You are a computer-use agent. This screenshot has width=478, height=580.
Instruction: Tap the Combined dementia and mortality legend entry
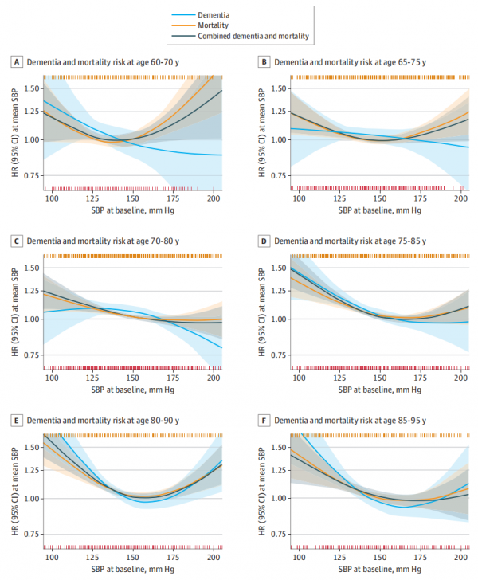(x=253, y=37)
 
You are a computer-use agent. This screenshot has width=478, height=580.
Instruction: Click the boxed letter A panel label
(x=16, y=61)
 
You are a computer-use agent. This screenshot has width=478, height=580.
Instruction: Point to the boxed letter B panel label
(x=263, y=61)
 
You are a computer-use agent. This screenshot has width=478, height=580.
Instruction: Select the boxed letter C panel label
(x=16, y=240)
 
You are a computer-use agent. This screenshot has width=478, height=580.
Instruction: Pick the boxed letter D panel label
(x=263, y=240)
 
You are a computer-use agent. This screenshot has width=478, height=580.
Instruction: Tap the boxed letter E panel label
(x=16, y=419)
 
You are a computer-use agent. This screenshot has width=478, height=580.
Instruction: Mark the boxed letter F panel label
(x=263, y=419)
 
